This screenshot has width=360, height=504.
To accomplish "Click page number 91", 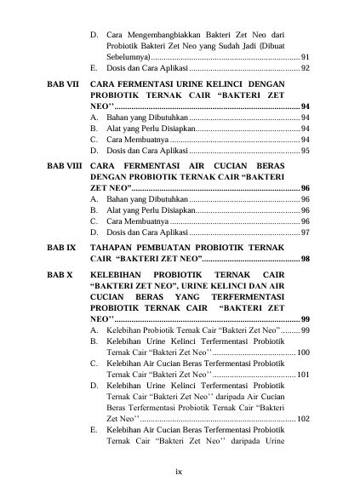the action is [305, 55].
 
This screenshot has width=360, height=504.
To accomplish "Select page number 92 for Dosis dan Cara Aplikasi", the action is [305, 67].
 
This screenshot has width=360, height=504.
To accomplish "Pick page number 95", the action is [305, 150].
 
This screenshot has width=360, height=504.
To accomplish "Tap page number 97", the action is [305, 232].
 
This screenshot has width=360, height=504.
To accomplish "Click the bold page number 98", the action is [305, 258].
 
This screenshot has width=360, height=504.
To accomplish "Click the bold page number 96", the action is [305, 186].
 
